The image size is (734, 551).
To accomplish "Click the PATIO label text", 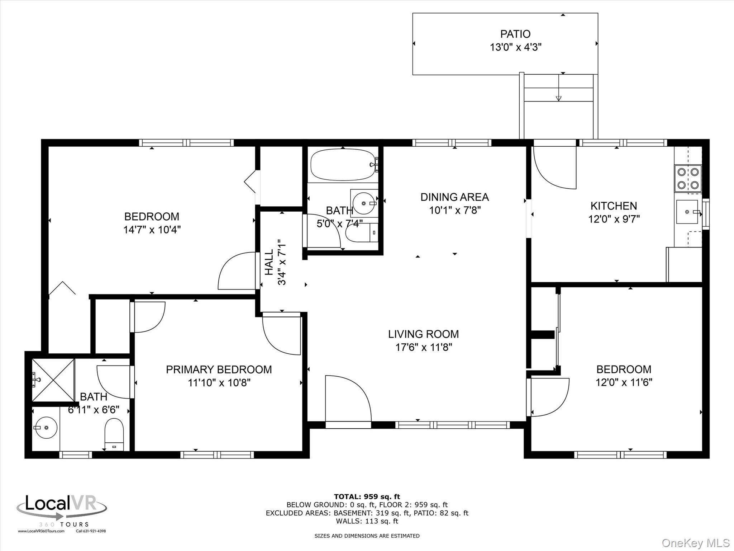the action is tap(515, 34).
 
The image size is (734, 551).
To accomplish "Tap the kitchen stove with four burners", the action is tap(688, 179).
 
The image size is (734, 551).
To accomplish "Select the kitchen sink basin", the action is tap(687, 212).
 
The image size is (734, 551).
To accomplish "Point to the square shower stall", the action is tap(53, 380).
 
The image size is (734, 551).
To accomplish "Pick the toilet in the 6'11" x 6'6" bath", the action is tap(114, 435).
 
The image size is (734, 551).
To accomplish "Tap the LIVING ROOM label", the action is tap(423, 334).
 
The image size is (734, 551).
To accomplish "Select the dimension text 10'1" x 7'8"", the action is tap(455, 210).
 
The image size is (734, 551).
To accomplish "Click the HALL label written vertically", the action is tap(269, 262).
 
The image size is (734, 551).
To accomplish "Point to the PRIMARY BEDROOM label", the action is tap(219, 369).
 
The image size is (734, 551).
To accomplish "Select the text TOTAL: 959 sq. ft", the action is tap(367, 497).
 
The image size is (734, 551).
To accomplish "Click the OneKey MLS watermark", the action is tap(695, 543).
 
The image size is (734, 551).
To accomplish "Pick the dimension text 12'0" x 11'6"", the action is tap(624, 382).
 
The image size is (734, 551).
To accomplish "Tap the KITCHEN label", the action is tap(614, 206).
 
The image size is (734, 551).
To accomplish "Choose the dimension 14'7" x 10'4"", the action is tap(152, 230).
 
